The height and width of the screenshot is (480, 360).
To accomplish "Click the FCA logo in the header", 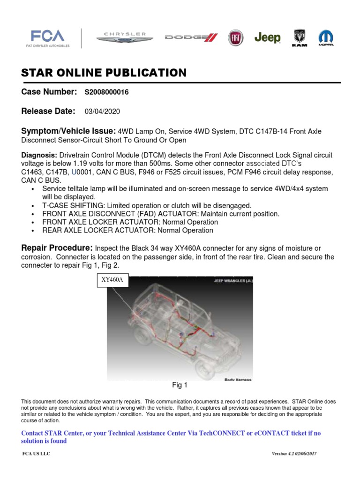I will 47,38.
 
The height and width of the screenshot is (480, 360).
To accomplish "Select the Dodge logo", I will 191,37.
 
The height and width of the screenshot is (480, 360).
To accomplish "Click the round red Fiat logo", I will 236,38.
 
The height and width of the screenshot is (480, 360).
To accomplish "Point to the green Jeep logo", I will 267,37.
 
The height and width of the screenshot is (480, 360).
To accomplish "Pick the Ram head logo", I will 299,37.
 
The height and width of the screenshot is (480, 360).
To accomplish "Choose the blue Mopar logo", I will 326,38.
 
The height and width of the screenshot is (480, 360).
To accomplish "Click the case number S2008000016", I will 106,92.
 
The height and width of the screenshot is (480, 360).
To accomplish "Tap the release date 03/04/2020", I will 102,112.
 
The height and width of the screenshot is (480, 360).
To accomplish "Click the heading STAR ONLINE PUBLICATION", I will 104,73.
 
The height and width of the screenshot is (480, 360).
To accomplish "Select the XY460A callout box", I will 112,280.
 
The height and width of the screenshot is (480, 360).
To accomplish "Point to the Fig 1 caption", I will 180,385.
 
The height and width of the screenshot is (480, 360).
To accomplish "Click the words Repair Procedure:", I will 57,247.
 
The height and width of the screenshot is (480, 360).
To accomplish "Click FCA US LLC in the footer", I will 36,454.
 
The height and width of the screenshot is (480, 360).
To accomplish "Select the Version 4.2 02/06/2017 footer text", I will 294,454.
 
